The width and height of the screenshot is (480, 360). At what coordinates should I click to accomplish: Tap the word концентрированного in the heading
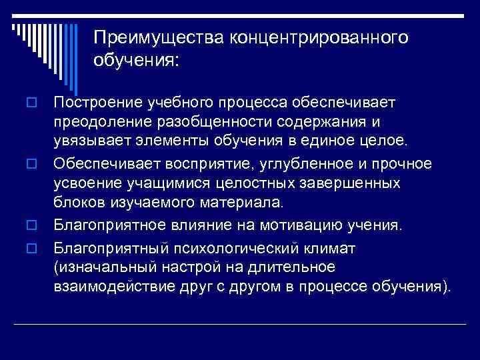click(x=319, y=37)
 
